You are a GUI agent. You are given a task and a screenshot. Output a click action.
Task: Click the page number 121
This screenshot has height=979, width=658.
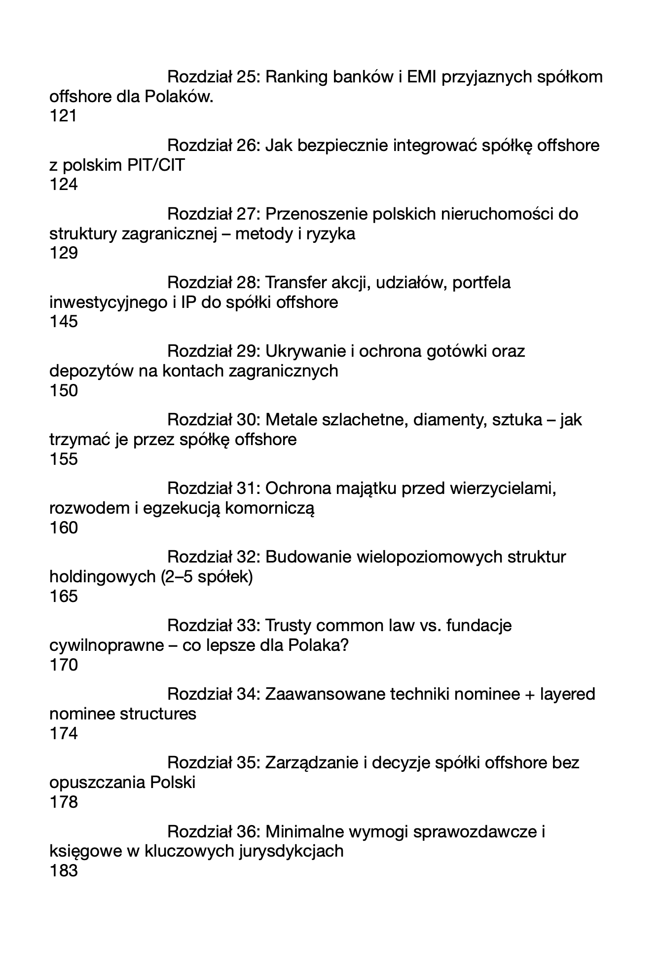coord(64,116)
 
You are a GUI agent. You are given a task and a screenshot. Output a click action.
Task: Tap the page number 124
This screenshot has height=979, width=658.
coord(64,185)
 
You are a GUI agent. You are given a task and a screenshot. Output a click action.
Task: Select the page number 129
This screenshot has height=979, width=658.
coord(64,253)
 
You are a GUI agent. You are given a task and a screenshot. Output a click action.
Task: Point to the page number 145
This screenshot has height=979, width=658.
coord(64,322)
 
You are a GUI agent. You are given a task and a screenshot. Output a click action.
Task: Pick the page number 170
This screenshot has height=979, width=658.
coord(64,665)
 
